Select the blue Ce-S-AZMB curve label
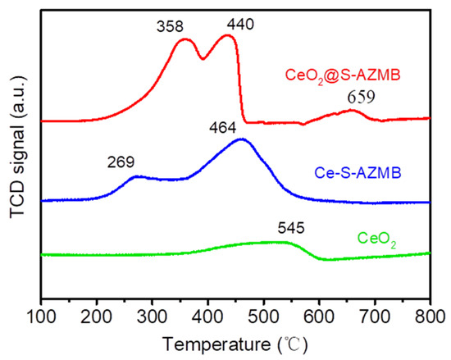(x=350, y=174)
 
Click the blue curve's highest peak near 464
(x=242, y=139)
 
